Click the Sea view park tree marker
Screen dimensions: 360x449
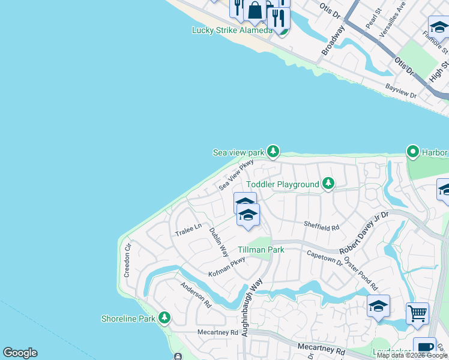click(x=273, y=151)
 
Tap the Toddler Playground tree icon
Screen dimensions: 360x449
click(x=328, y=183)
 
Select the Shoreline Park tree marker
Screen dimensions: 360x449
click(x=164, y=318)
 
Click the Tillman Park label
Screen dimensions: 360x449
click(x=261, y=250)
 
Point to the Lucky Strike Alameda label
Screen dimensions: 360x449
click(x=232, y=30)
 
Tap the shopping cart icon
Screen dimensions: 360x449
click(x=417, y=313)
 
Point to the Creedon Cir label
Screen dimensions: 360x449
click(x=127, y=259)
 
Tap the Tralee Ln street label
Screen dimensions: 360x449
click(x=188, y=230)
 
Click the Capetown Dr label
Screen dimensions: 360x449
click(x=324, y=259)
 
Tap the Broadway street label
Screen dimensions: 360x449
click(x=333, y=41)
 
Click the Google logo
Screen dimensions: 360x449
click(x=20, y=353)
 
